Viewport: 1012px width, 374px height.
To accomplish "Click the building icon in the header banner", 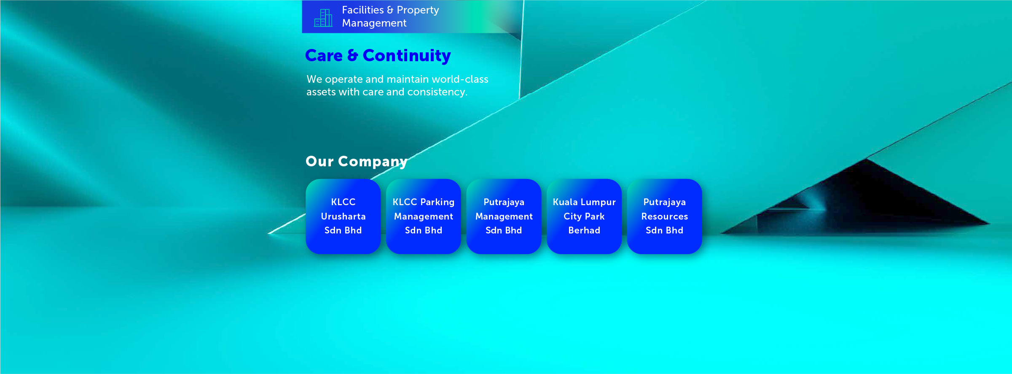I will [323, 18].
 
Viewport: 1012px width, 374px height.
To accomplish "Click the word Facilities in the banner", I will [362, 10].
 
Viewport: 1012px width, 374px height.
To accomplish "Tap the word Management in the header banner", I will [374, 23].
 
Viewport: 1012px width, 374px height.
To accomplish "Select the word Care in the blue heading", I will [324, 56].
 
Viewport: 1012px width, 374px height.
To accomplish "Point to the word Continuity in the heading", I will [406, 56].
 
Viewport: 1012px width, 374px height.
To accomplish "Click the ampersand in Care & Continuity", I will [352, 56].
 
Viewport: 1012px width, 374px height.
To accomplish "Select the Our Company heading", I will [356, 161].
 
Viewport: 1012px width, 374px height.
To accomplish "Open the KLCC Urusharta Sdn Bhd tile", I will [343, 216].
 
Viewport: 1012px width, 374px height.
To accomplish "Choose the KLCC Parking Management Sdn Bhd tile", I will [423, 216].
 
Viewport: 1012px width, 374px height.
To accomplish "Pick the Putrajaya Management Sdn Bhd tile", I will [504, 216].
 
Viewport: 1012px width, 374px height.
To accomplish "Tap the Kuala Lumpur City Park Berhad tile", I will [584, 216].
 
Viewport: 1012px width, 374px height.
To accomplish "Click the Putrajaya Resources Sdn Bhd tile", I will [664, 216].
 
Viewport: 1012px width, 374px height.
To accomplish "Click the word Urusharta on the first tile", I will [343, 217].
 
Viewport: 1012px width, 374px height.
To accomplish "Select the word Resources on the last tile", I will [664, 217].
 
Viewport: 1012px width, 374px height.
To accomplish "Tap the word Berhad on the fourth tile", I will [584, 230].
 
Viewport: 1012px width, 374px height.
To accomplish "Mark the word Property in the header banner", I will [418, 10].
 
